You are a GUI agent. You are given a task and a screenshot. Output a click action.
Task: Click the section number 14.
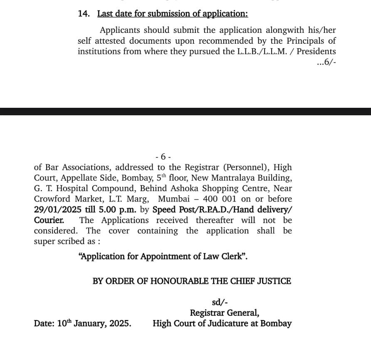[83, 14]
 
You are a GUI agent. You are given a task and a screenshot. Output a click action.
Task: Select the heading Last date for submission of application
[173, 14]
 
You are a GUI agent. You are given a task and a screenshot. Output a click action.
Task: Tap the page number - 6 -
[163, 156]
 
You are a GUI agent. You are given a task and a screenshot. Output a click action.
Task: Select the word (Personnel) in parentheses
[245, 167]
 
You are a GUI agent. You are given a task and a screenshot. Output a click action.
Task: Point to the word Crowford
[53, 199]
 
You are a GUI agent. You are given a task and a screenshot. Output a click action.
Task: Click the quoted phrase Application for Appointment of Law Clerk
[163, 256]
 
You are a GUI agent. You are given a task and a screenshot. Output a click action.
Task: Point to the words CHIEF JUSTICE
[262, 281]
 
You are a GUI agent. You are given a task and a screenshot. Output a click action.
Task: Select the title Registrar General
[225, 313]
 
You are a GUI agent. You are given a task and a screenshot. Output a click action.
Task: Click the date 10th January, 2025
[82, 323]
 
